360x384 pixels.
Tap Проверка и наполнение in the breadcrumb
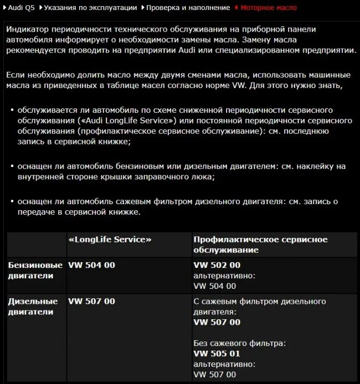(x=188, y=8)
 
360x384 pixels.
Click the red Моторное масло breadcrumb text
(x=269, y=8)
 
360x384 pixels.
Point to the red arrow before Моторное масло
(x=236, y=8)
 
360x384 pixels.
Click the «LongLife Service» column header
(x=110, y=240)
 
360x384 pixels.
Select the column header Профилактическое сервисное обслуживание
(x=260, y=245)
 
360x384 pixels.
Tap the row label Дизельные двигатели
(x=33, y=307)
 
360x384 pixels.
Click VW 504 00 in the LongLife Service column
(x=91, y=265)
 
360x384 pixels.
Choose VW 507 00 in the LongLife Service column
(x=91, y=302)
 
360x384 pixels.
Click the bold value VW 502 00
(x=217, y=265)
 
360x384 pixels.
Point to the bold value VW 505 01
(x=217, y=354)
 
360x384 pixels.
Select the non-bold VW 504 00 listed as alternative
(x=214, y=286)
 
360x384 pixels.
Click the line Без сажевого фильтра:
(x=239, y=343)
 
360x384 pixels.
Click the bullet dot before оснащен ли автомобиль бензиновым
(x=12, y=167)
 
